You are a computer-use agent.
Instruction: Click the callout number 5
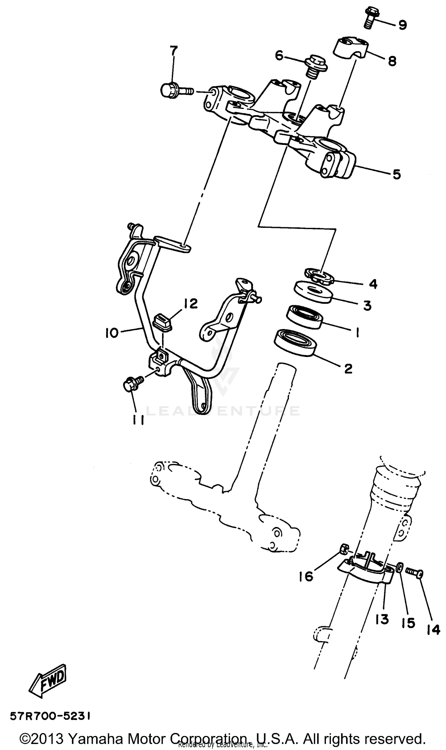(397, 174)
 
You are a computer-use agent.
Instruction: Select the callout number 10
(111, 333)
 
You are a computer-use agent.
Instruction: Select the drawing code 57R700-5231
(50, 716)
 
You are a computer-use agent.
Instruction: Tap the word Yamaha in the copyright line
(96, 737)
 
